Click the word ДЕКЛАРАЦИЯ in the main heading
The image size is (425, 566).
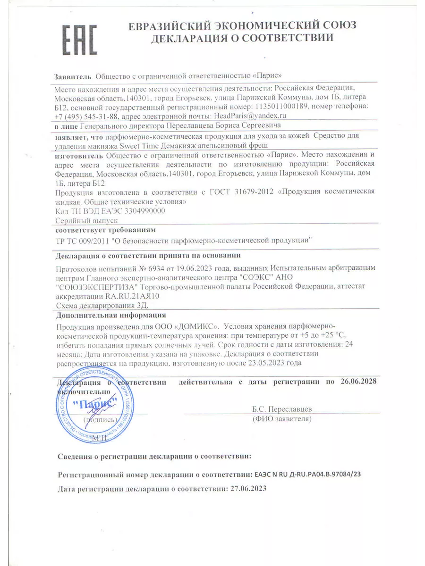[190, 38]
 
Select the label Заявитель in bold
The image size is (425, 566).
[73, 76]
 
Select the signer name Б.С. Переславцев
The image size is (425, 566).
[282, 409]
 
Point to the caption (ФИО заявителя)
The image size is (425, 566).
[282, 418]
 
